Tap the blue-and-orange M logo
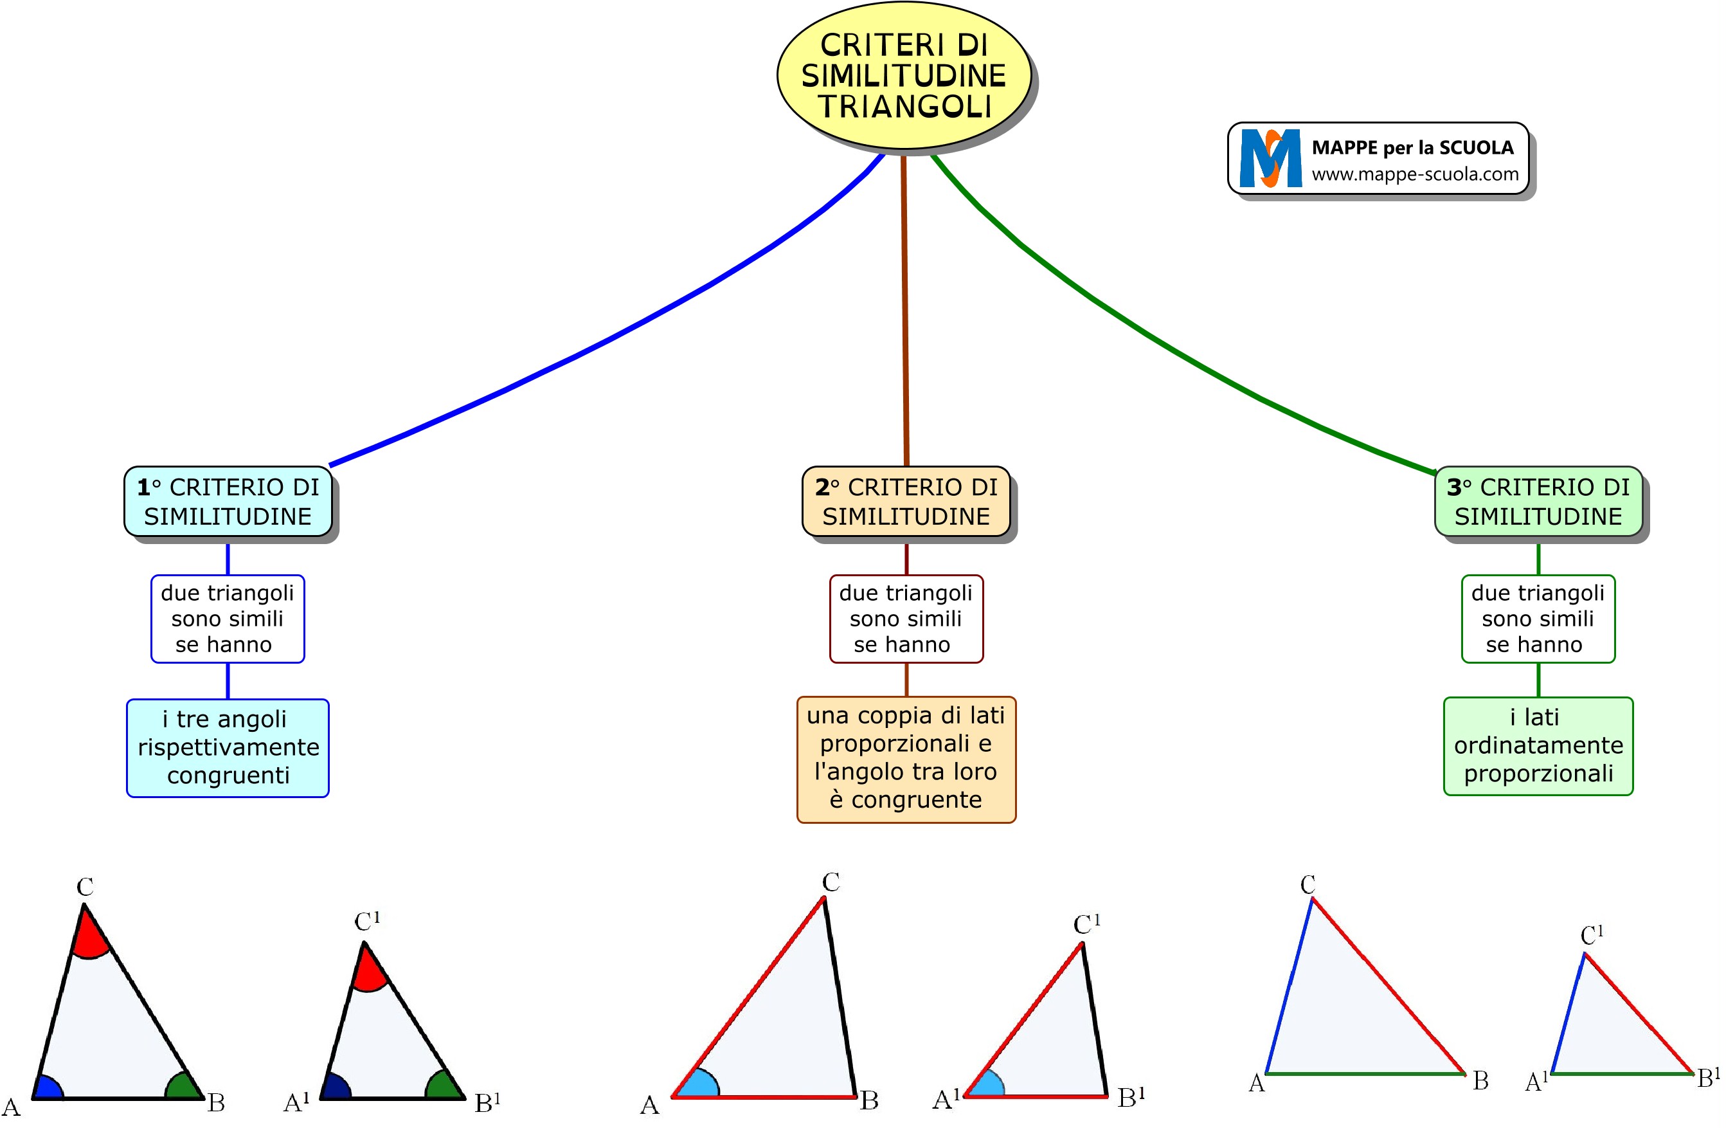point(1270,158)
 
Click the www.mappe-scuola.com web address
point(1415,174)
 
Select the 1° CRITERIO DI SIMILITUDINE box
point(228,501)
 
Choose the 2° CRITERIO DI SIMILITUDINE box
point(906,501)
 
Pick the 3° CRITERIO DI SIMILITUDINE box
point(1538,501)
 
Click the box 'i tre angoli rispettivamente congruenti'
point(228,748)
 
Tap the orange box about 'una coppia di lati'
point(906,758)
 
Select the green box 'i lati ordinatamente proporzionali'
point(1538,746)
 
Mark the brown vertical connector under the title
point(904,312)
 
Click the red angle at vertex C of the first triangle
point(89,937)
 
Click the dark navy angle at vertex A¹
point(336,1087)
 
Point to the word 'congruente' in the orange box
point(916,800)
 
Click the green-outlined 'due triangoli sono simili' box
point(1538,619)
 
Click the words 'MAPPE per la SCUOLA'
point(1413,148)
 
